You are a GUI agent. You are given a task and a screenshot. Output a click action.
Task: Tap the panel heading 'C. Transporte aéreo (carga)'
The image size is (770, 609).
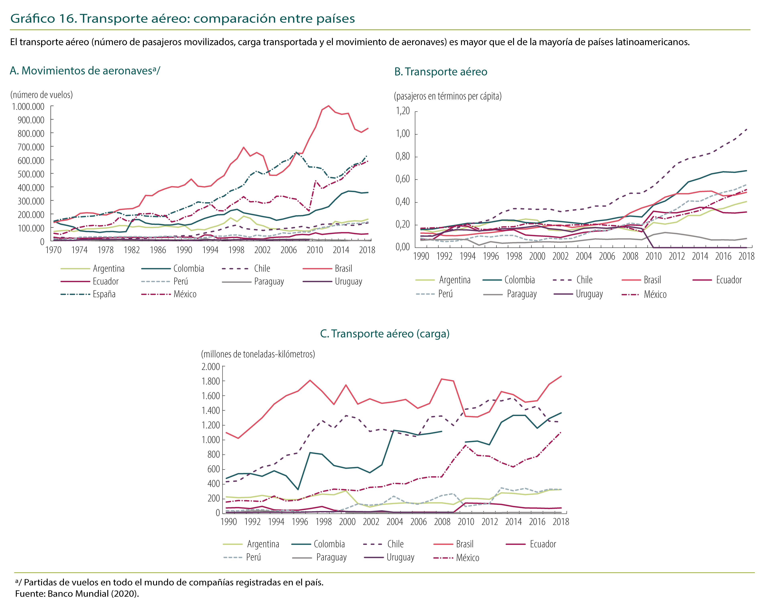click(385, 334)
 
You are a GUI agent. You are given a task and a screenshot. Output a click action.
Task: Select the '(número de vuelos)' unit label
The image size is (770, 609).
click(41, 95)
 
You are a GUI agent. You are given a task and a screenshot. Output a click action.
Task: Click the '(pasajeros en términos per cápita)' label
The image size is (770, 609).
click(447, 96)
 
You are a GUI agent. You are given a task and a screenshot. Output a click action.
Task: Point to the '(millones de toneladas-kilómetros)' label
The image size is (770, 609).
click(258, 354)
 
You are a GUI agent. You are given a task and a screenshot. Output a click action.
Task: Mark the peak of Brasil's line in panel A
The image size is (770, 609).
click(328, 106)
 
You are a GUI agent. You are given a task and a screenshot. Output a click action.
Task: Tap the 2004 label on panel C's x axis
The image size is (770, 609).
click(395, 522)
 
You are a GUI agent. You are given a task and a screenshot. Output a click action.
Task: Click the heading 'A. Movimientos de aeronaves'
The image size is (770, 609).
click(85, 71)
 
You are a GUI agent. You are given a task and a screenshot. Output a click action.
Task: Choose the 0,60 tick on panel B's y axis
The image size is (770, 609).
click(403, 179)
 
